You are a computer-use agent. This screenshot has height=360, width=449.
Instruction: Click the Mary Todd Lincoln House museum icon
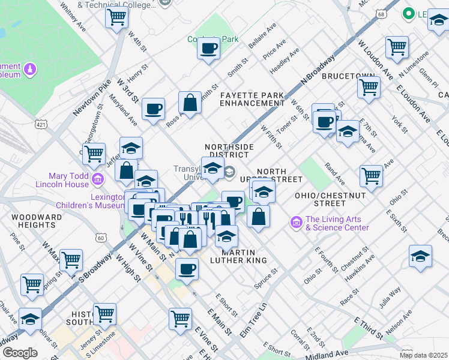click(x=99, y=178)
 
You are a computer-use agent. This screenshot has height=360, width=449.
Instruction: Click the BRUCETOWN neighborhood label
click(x=348, y=77)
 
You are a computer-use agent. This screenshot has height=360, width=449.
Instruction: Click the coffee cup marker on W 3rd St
click(x=153, y=109)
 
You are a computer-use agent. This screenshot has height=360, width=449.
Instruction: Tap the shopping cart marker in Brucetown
click(x=369, y=87)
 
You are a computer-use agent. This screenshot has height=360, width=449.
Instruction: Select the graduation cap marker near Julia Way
click(x=420, y=256)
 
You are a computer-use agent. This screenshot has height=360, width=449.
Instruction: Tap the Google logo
click(x=20, y=353)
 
